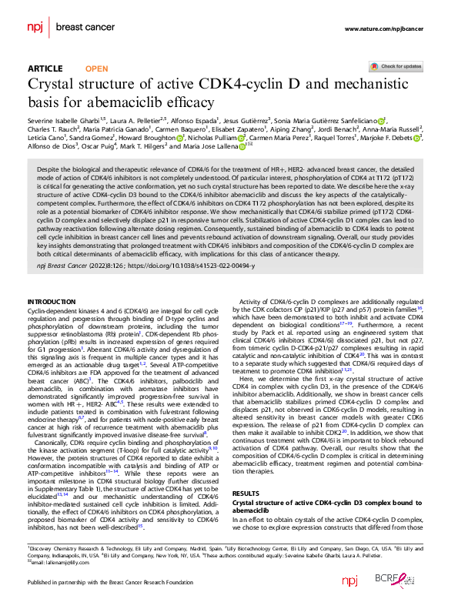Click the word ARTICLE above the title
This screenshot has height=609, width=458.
pos(45,69)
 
